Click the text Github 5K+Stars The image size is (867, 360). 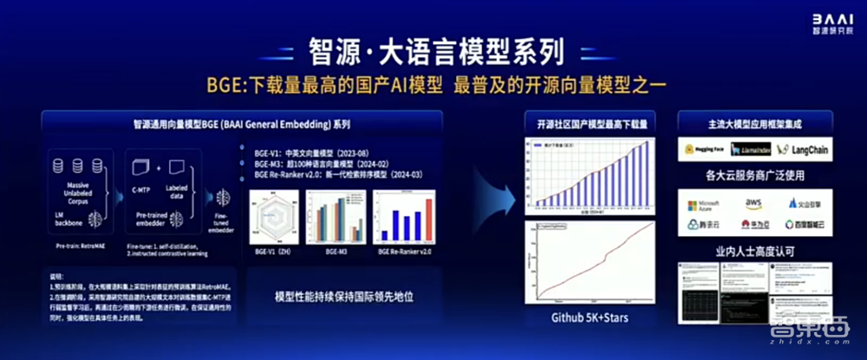point(590,318)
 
